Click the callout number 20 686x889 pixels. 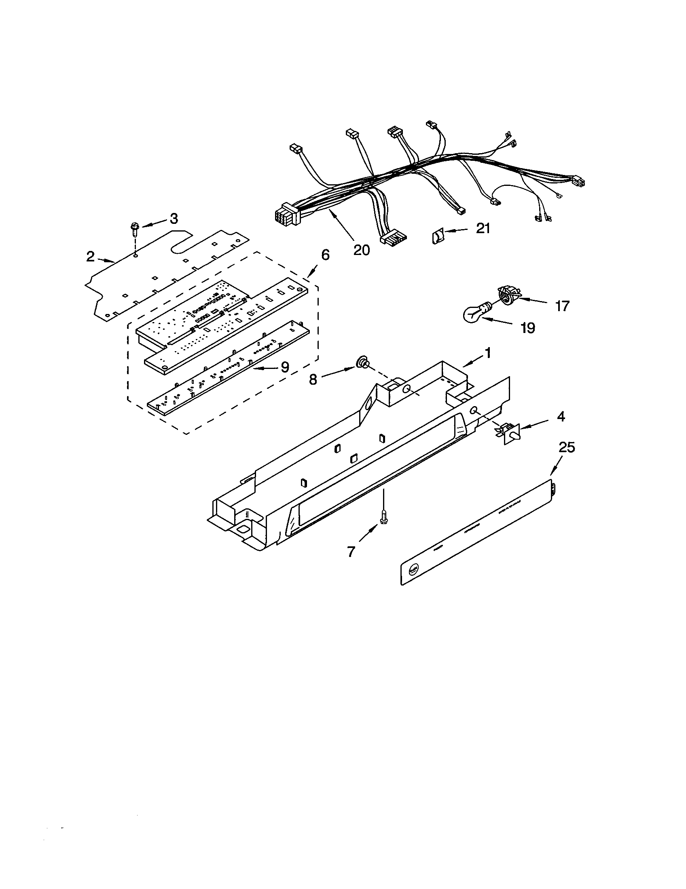(x=361, y=249)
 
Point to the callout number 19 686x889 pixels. (x=528, y=328)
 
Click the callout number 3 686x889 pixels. (x=174, y=219)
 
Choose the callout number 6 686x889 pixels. (x=325, y=255)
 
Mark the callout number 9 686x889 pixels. (x=285, y=368)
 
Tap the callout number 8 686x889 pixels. (x=313, y=379)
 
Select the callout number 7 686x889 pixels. (x=351, y=552)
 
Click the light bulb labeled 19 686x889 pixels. (x=474, y=314)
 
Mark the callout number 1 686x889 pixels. (x=487, y=353)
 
